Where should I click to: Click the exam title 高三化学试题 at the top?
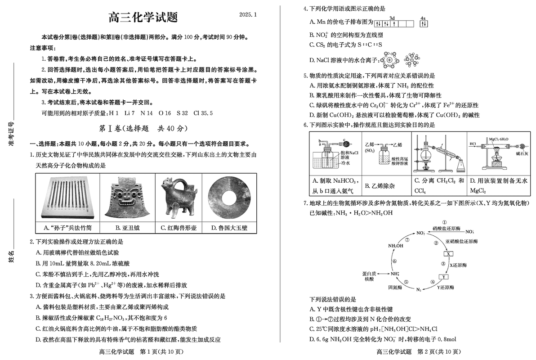coord(143,18)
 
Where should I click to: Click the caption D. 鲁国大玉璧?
coord(230,228)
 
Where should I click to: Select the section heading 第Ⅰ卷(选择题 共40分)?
coord(143,129)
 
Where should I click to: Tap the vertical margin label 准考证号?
coord(11,135)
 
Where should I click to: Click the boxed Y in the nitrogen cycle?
coord(443,277)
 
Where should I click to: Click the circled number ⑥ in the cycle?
coord(394,261)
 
